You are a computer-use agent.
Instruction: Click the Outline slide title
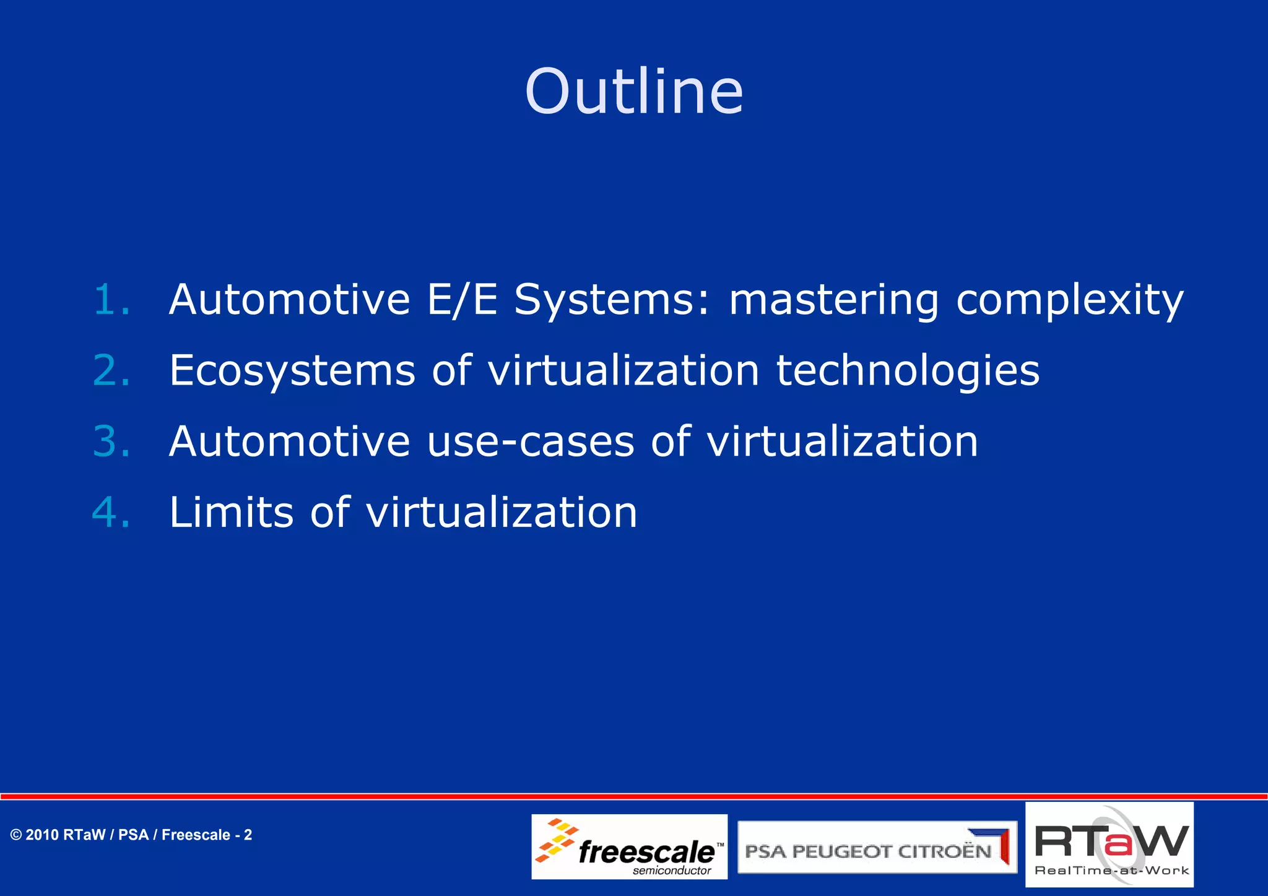point(633,92)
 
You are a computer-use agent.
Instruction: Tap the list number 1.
point(111,300)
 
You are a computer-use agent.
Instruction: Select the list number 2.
point(111,371)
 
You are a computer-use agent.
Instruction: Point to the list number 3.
point(111,441)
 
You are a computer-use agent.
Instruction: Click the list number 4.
point(111,513)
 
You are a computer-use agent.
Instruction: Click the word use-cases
point(531,442)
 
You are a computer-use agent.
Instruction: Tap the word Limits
point(231,513)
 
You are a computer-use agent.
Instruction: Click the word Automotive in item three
point(289,441)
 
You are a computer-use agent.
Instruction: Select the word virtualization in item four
point(502,513)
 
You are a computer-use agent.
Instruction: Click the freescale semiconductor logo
point(629,846)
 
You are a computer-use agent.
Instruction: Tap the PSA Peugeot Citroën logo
point(877,847)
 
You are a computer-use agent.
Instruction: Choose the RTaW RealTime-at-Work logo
point(1109,845)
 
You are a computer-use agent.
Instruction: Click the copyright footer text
point(131,835)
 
